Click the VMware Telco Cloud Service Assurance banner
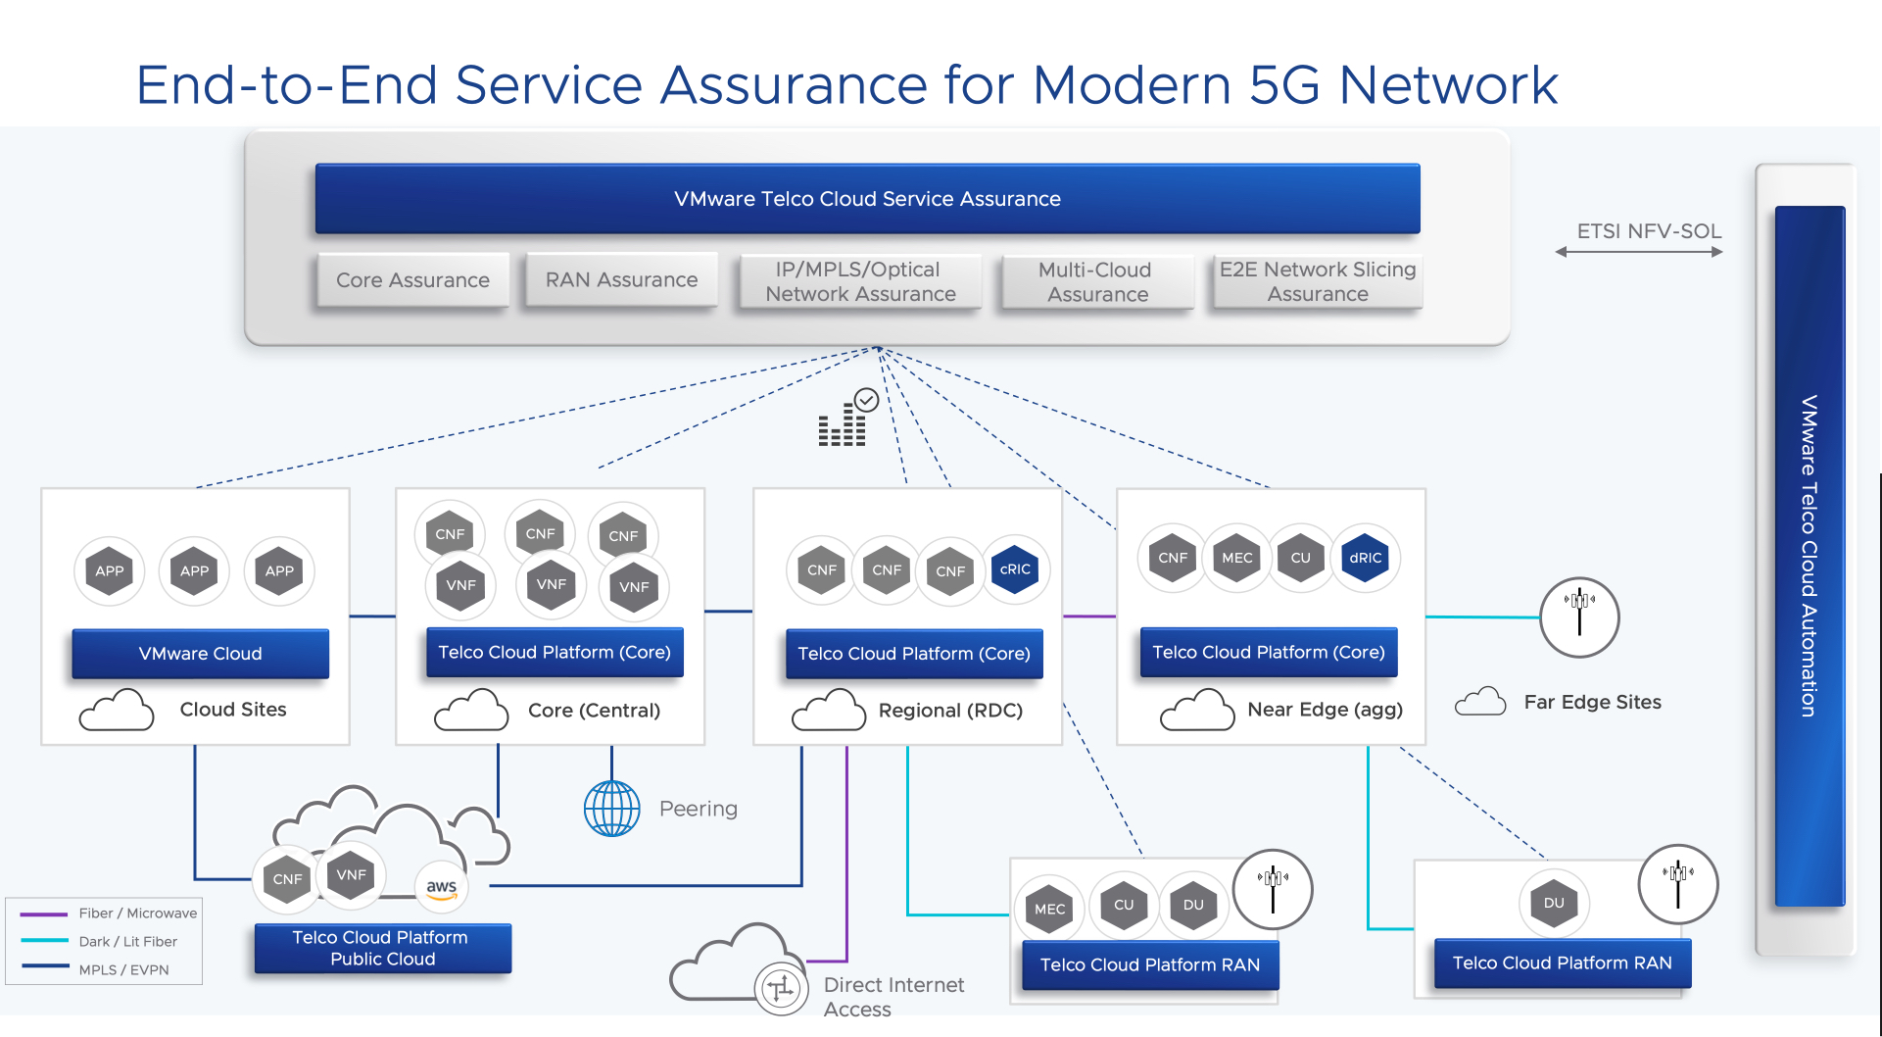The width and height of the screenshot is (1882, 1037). point(867,199)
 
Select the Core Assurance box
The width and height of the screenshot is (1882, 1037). point(412,280)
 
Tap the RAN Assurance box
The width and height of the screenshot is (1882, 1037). point(621,280)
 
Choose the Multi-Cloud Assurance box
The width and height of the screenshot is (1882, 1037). point(1097,282)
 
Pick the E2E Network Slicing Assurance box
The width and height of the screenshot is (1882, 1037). point(1318,282)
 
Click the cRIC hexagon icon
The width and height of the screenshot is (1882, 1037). point(1015,569)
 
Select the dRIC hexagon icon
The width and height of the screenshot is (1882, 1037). point(1365,558)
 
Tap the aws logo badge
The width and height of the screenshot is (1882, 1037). point(442,887)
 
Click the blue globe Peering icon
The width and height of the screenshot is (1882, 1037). point(612,809)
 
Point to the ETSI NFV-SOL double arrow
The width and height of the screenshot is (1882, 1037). point(1639,252)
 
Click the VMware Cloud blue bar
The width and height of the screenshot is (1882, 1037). point(201,654)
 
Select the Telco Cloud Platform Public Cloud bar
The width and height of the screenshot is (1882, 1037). point(383,948)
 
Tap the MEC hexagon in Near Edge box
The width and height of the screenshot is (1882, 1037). point(1236,558)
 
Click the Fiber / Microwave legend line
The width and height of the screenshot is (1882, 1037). point(44,914)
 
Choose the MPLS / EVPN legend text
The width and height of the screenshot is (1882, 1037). point(123,970)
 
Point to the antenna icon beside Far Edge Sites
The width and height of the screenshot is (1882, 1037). point(1579,617)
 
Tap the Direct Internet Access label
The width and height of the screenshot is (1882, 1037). point(893,997)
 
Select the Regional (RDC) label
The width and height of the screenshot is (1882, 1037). point(950,711)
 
